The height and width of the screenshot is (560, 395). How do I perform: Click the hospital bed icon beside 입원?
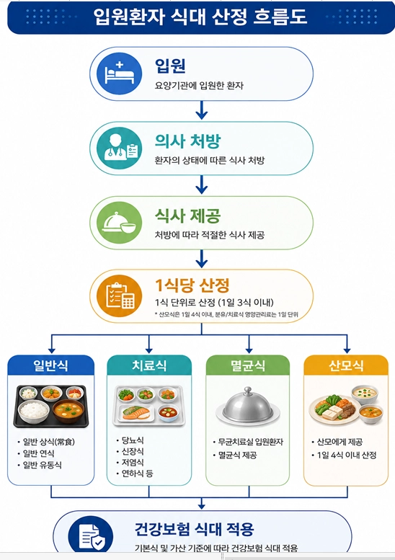[119, 74]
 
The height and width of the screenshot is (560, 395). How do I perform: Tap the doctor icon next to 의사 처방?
[119, 148]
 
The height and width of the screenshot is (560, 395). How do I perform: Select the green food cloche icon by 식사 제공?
[119, 223]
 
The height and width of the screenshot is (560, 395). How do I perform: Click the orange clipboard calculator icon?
[119, 296]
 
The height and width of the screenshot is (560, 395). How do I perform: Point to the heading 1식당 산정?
[192, 285]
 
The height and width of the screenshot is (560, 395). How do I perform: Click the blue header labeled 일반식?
[50, 365]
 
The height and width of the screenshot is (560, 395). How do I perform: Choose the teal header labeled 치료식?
[149, 365]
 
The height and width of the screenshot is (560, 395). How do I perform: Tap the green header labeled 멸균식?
[248, 365]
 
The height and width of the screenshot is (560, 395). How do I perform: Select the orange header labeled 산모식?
[346, 365]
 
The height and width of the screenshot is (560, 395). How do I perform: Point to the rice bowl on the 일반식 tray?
[34, 411]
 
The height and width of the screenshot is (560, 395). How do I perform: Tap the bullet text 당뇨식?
[133, 440]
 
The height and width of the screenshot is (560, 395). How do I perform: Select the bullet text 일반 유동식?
[42, 465]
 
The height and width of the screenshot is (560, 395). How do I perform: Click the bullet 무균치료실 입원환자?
[250, 442]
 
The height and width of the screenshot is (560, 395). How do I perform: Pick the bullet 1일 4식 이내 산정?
[347, 455]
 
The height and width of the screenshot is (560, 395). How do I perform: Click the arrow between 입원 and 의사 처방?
[202, 110]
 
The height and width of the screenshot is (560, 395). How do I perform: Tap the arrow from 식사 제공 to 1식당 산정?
[202, 259]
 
